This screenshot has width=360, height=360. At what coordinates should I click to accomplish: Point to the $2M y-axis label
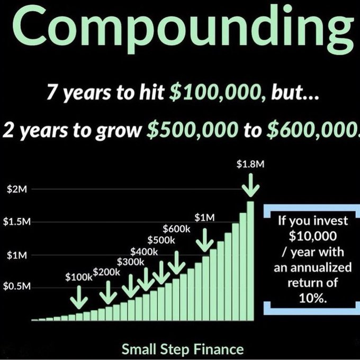(16, 190)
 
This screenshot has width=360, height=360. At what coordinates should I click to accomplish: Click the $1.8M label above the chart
(250, 165)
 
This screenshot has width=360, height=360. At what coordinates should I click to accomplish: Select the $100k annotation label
(78, 277)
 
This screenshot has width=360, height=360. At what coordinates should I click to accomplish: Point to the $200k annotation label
(107, 272)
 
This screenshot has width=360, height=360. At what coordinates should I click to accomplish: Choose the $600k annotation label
(176, 229)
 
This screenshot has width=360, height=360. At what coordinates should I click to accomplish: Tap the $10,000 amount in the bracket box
(312, 233)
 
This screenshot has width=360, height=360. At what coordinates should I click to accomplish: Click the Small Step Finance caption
(183, 349)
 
